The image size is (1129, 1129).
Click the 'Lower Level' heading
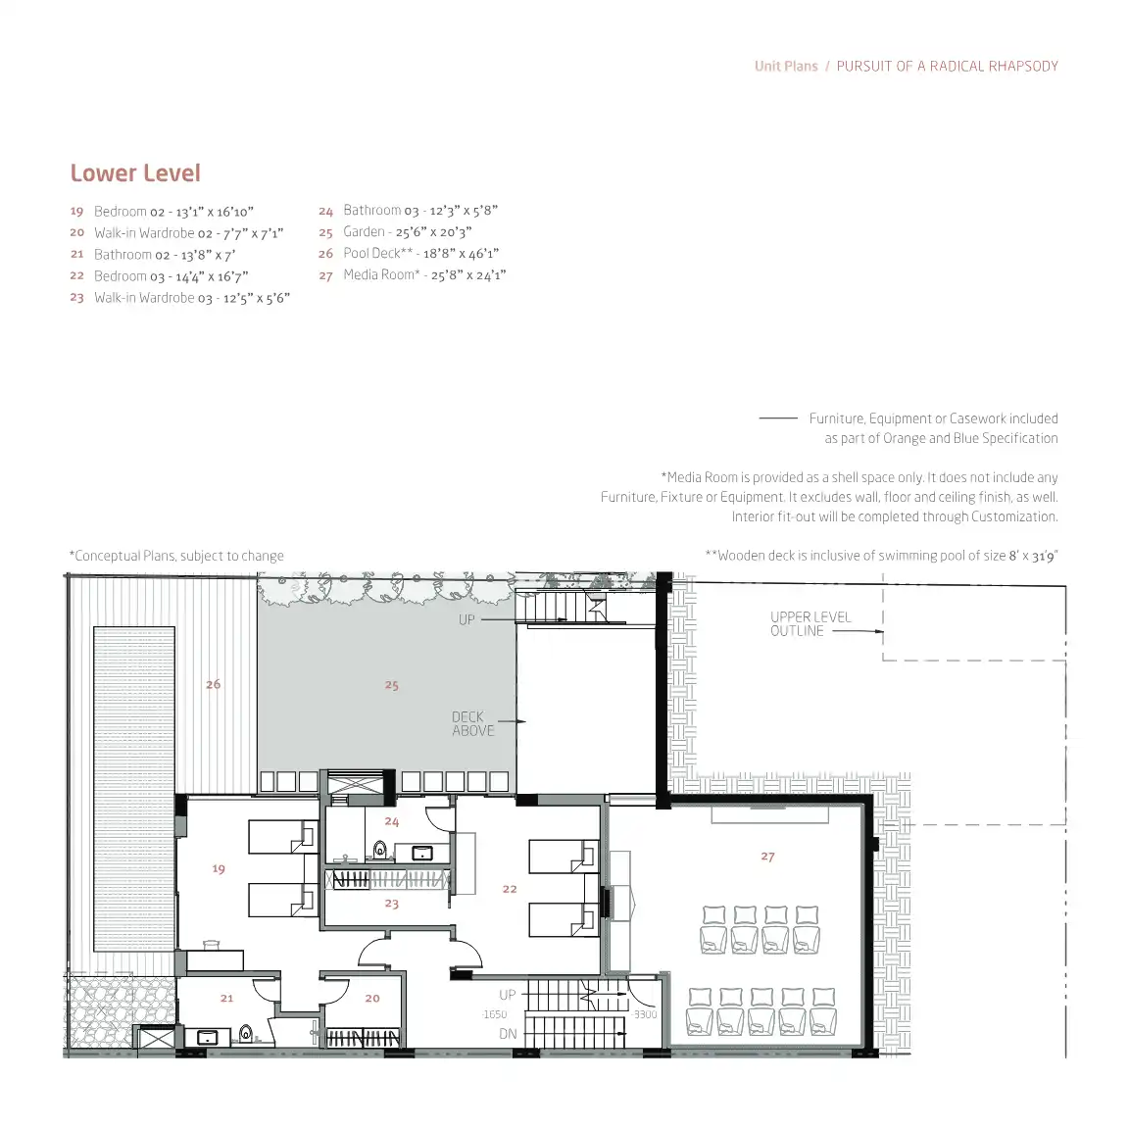point(135,173)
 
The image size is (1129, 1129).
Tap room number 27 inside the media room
point(767,857)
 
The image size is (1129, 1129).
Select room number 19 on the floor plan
point(219,869)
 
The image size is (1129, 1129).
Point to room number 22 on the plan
point(510,889)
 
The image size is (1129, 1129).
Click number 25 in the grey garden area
point(392,685)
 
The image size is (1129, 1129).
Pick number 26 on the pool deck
point(213,684)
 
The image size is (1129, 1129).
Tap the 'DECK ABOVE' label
point(473,723)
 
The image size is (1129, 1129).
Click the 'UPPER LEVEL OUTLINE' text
point(810,623)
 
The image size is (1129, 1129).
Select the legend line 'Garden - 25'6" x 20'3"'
point(407,232)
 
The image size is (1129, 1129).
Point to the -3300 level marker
point(645,1014)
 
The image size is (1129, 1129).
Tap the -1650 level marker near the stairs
point(495,1014)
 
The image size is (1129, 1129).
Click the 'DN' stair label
point(508,1034)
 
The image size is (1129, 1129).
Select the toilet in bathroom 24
point(380,851)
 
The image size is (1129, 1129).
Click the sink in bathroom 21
point(208,1038)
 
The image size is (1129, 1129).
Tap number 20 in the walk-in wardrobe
point(372,999)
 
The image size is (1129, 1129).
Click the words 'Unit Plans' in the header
point(786,67)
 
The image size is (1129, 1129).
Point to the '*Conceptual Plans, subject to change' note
point(176,556)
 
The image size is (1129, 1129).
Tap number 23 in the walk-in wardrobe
point(392,904)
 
